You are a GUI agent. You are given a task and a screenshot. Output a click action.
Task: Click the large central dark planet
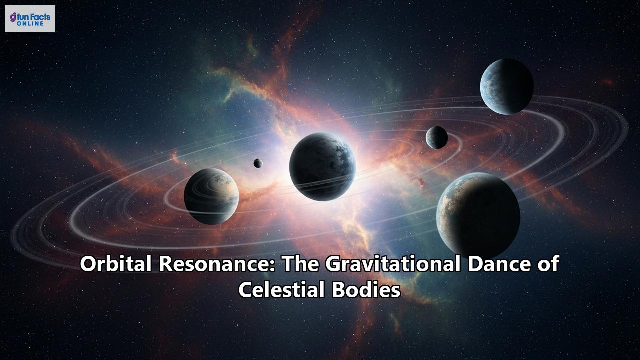[x=322, y=166]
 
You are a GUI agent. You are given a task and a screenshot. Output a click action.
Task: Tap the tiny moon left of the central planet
[x=258, y=163]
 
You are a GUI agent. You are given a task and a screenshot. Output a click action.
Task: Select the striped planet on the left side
[x=211, y=196]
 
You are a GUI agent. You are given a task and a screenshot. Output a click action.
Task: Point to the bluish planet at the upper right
[x=506, y=86]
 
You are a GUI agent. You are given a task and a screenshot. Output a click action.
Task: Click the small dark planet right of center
[x=437, y=137]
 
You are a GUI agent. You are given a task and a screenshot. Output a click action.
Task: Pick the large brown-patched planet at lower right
[x=478, y=215]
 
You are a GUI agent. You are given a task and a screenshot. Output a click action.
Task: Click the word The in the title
[x=302, y=264]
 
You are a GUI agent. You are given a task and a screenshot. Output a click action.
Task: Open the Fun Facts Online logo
[x=30, y=19]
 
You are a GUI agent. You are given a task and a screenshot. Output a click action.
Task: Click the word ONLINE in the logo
[x=33, y=24]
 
